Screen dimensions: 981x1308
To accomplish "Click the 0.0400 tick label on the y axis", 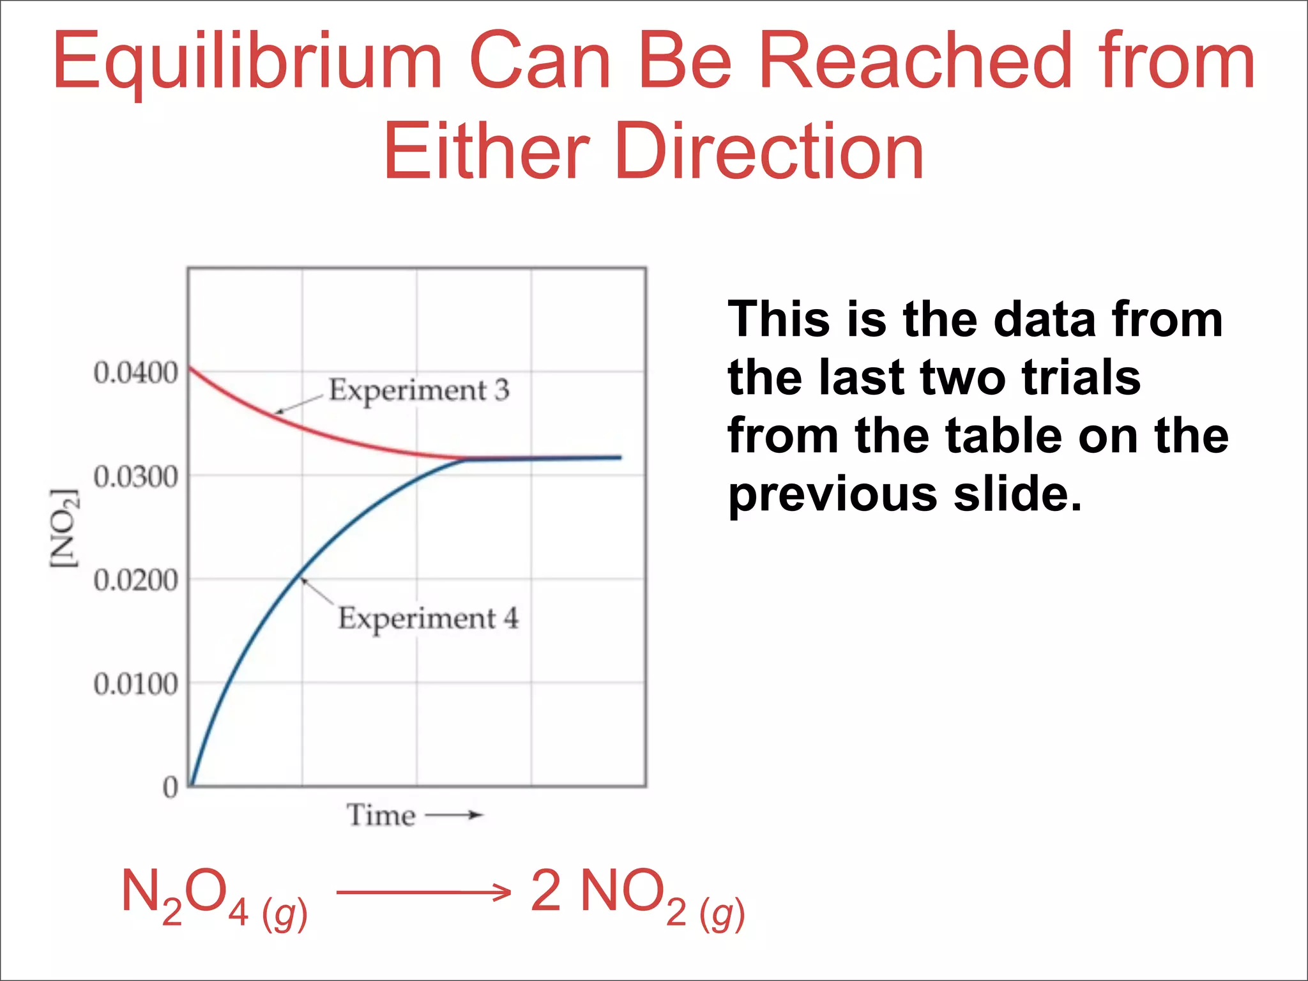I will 135,373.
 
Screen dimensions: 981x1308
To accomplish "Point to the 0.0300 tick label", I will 135,477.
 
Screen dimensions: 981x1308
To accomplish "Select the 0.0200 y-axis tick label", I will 135,581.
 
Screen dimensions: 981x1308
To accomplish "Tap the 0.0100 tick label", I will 135,685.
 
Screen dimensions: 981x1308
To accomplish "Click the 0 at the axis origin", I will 170,787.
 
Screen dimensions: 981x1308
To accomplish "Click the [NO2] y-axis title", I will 65,528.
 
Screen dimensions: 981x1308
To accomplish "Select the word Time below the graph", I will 381,816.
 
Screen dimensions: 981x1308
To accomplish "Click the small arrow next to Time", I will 454,815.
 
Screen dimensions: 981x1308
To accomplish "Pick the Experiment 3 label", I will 419,390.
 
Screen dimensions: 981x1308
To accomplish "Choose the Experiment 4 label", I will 429,618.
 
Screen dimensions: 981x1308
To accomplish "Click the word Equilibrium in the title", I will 248,63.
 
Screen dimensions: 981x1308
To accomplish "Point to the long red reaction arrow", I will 423,892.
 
